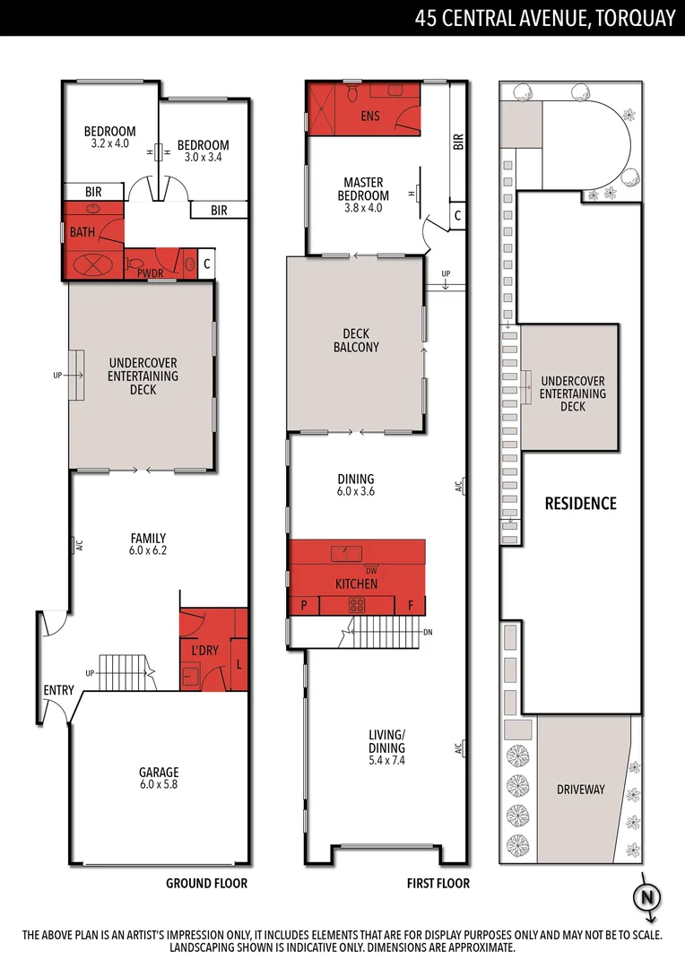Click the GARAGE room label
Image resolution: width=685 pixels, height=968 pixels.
pos(159,772)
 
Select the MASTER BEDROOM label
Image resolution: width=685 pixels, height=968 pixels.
pos(363,189)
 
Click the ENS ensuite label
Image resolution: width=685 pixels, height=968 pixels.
pos(369,117)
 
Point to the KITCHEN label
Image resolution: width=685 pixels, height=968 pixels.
pos(356,583)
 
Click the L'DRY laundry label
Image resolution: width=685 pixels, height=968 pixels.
pos(205,648)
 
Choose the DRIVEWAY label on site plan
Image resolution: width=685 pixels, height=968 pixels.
pos(580,790)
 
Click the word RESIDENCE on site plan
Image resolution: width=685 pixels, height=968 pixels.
pos(580,504)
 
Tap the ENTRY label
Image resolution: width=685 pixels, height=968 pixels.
pos(58,690)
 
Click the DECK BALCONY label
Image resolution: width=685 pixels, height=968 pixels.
pos(356,341)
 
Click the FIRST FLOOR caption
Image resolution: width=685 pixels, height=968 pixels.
pos(438,883)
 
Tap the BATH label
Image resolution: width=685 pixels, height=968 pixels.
pos(82,233)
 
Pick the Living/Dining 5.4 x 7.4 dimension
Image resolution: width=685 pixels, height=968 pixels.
pos(386,760)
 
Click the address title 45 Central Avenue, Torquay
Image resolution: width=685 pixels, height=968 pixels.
pos(544,18)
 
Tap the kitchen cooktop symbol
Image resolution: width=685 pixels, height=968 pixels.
pos(356,605)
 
